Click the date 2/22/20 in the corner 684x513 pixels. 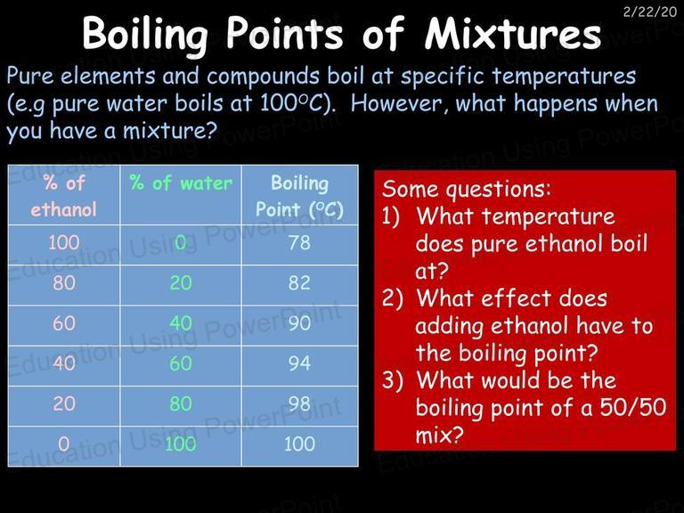[x=650, y=12]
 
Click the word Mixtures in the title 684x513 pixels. [x=513, y=34]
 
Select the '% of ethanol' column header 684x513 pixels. [x=64, y=195]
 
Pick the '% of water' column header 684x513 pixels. [x=181, y=183]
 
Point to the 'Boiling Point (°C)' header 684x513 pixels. [x=299, y=196]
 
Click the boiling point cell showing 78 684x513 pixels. [x=299, y=242]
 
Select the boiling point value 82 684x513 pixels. [x=299, y=282]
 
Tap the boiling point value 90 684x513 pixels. [x=299, y=323]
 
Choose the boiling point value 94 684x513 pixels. [x=299, y=363]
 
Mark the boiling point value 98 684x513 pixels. [x=299, y=403]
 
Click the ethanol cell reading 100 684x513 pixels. [x=64, y=242]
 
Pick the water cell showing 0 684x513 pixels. [x=181, y=242]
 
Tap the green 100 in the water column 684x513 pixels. [x=181, y=444]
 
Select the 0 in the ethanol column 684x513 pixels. [x=64, y=444]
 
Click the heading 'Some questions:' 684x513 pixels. [x=467, y=190]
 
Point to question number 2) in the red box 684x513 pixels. [x=393, y=299]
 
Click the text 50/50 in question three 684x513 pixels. [x=633, y=407]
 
